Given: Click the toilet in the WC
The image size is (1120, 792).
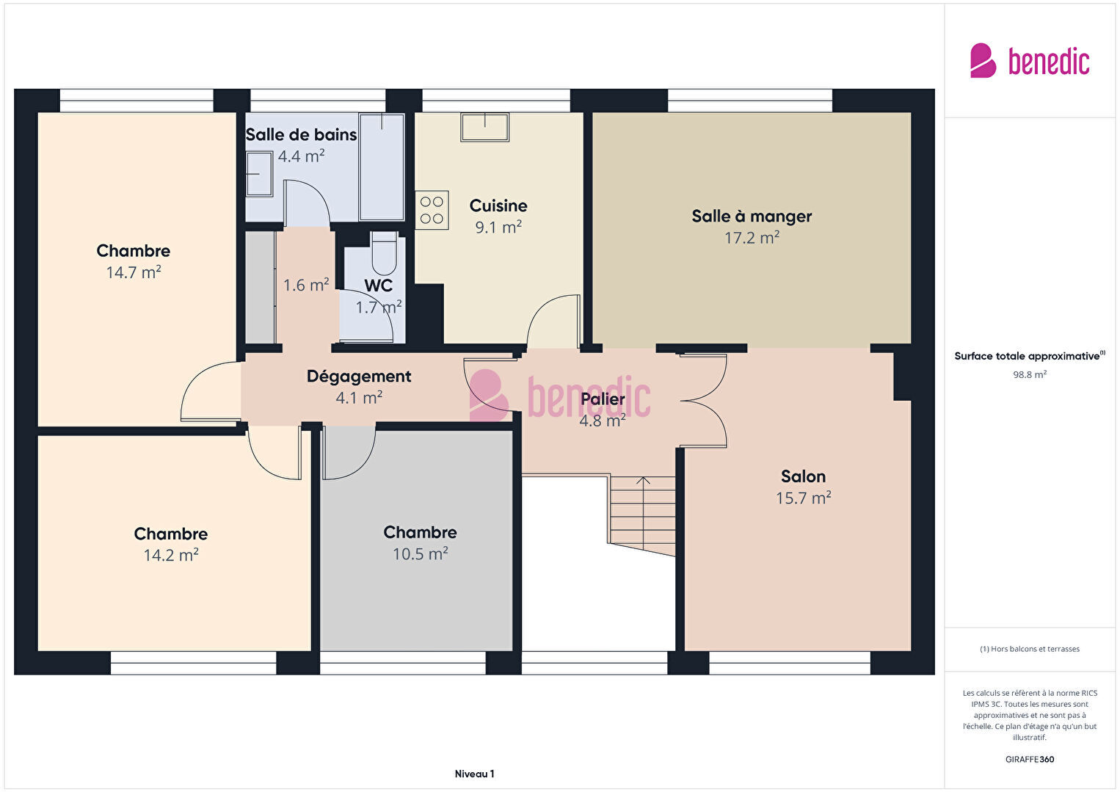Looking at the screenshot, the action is (x=384, y=253).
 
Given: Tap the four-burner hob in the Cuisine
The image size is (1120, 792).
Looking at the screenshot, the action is (x=432, y=210).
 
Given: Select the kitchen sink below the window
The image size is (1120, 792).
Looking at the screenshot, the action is (x=484, y=127).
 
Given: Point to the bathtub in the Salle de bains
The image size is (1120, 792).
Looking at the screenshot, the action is (x=382, y=167).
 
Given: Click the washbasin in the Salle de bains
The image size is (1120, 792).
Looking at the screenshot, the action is (x=259, y=174).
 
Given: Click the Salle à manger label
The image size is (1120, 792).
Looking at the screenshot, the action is (x=752, y=217).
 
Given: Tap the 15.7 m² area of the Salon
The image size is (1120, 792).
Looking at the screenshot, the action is (x=804, y=498).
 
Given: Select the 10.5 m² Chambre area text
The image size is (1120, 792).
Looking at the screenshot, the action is (x=420, y=554).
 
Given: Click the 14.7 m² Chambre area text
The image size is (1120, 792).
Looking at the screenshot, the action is (x=134, y=272).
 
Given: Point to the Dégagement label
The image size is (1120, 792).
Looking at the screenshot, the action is (x=359, y=377).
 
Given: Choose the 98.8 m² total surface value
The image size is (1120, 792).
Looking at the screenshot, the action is (x=1030, y=374).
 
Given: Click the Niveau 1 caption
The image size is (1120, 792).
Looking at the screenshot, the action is (x=475, y=774).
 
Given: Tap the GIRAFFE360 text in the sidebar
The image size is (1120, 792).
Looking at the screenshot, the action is (x=1030, y=759).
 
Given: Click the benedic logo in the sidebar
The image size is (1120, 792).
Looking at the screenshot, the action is (x=1030, y=60).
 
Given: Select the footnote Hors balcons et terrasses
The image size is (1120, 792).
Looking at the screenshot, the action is (x=1030, y=649).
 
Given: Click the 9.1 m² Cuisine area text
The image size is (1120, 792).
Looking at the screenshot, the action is (x=498, y=228).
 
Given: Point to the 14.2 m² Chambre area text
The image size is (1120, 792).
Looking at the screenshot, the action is (x=171, y=556).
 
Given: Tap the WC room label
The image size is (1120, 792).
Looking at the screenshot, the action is (x=379, y=286).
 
